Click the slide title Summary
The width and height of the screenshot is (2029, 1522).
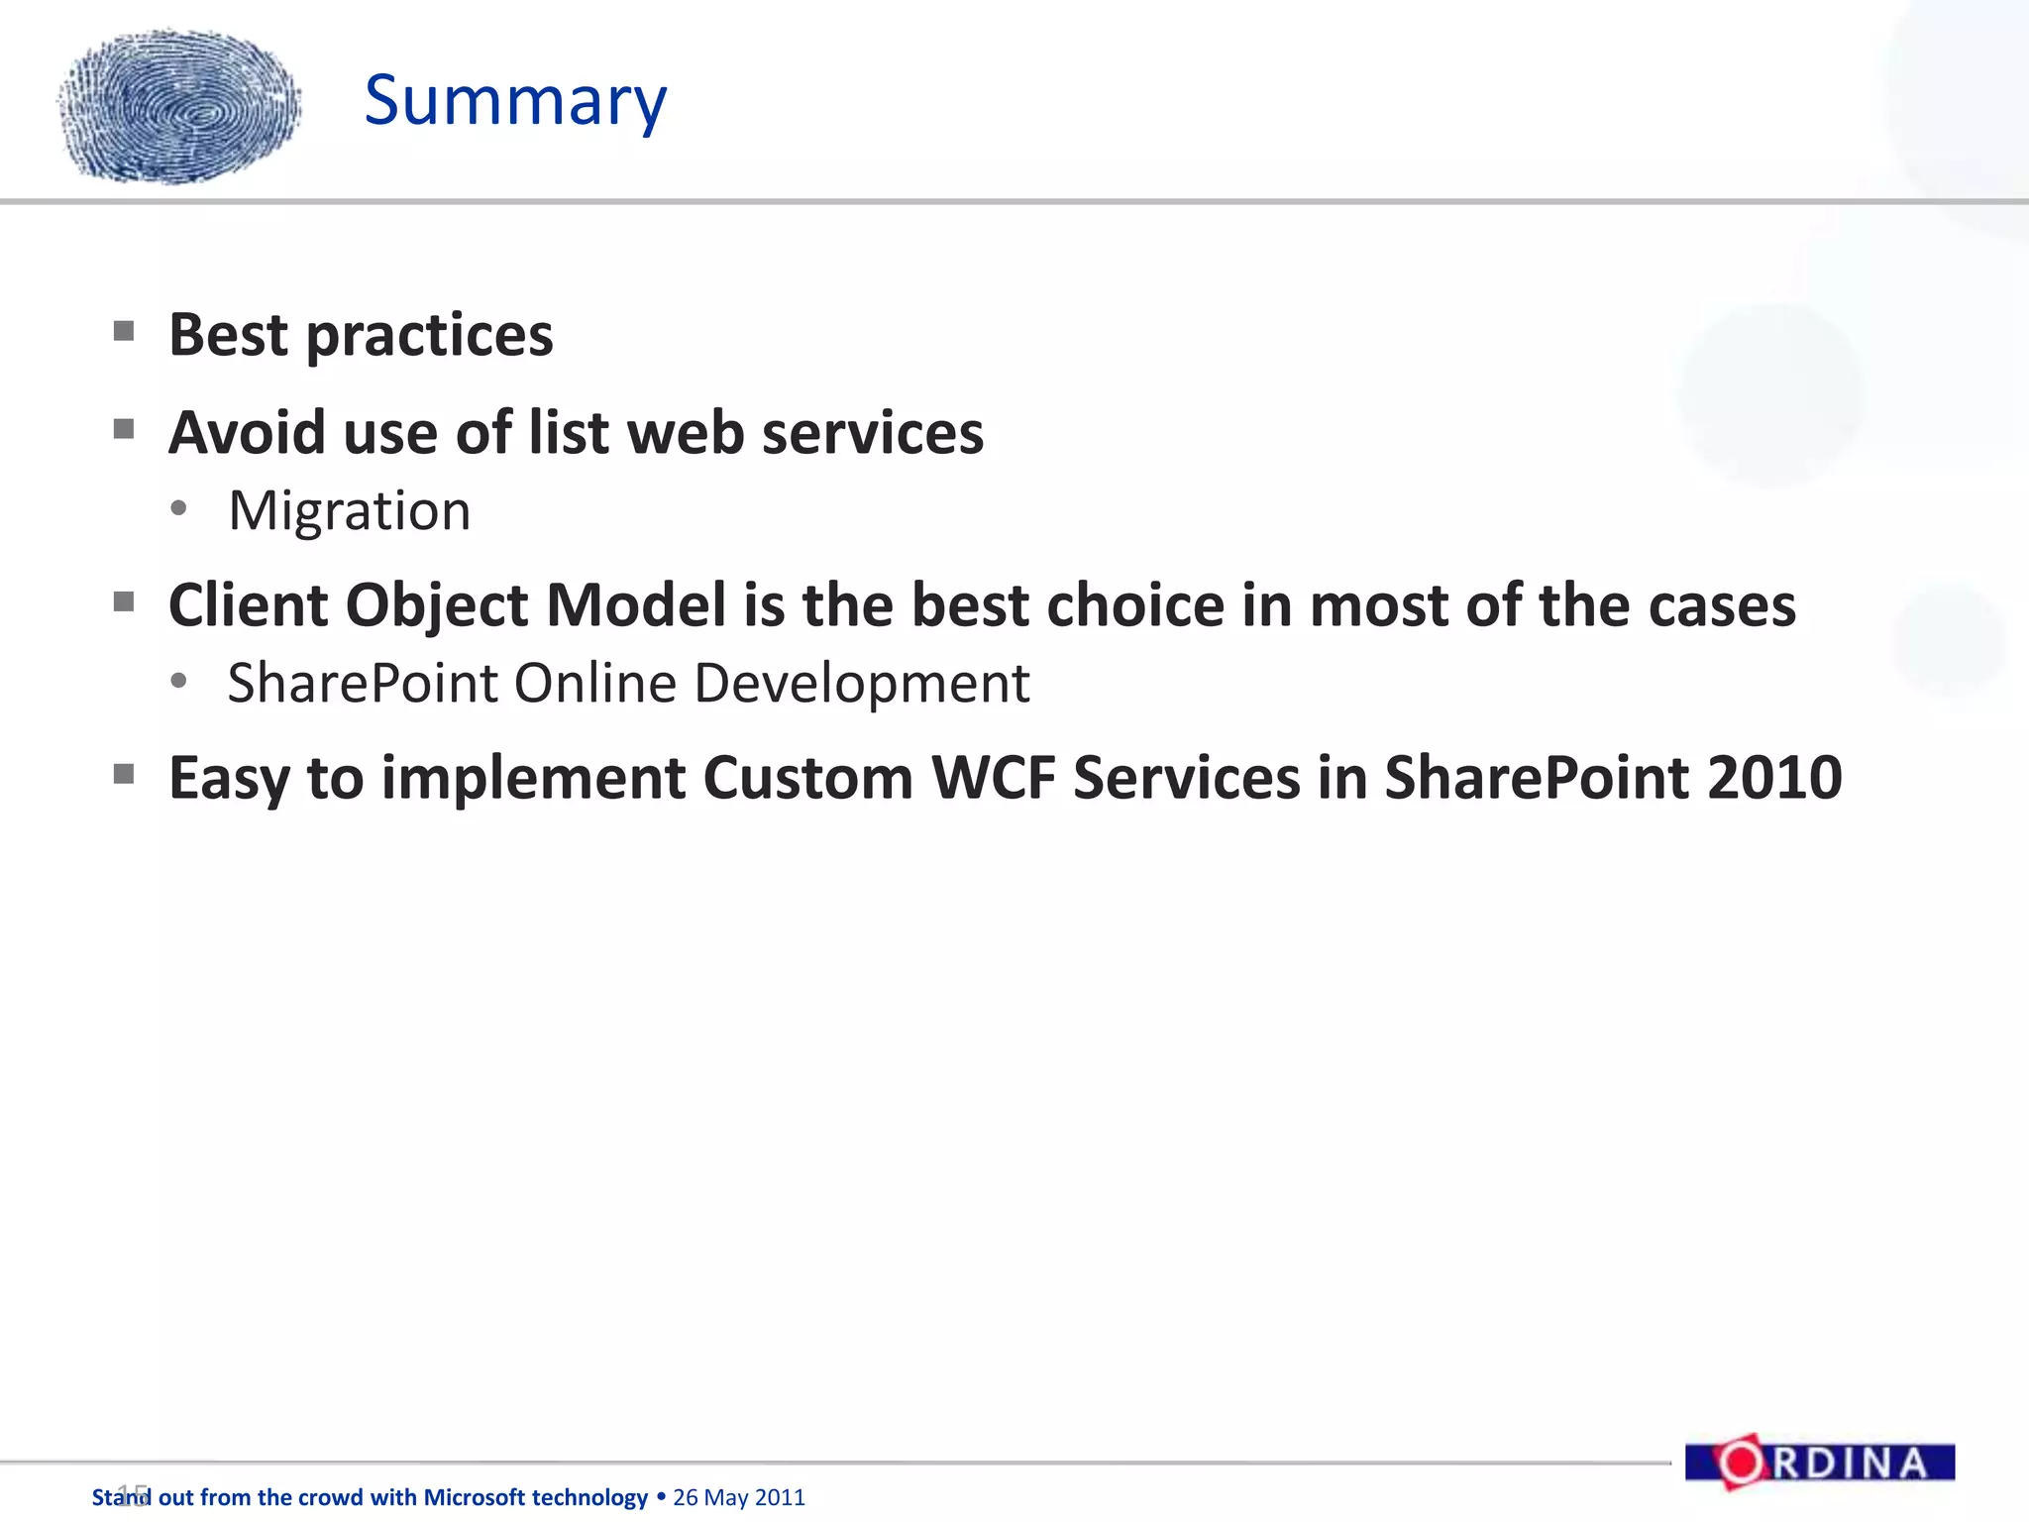point(515,101)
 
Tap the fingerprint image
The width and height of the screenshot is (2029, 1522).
point(179,107)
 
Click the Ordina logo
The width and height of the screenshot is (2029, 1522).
point(1820,1463)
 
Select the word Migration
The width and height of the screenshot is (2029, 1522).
point(349,511)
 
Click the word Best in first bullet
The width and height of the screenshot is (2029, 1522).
point(228,335)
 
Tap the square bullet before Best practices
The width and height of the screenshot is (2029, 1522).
point(124,331)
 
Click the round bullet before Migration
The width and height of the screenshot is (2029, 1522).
point(178,509)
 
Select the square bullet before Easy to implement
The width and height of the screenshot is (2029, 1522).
point(124,774)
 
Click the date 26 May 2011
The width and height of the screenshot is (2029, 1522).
point(739,1497)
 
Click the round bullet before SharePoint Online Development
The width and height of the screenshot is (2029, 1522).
point(178,682)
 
